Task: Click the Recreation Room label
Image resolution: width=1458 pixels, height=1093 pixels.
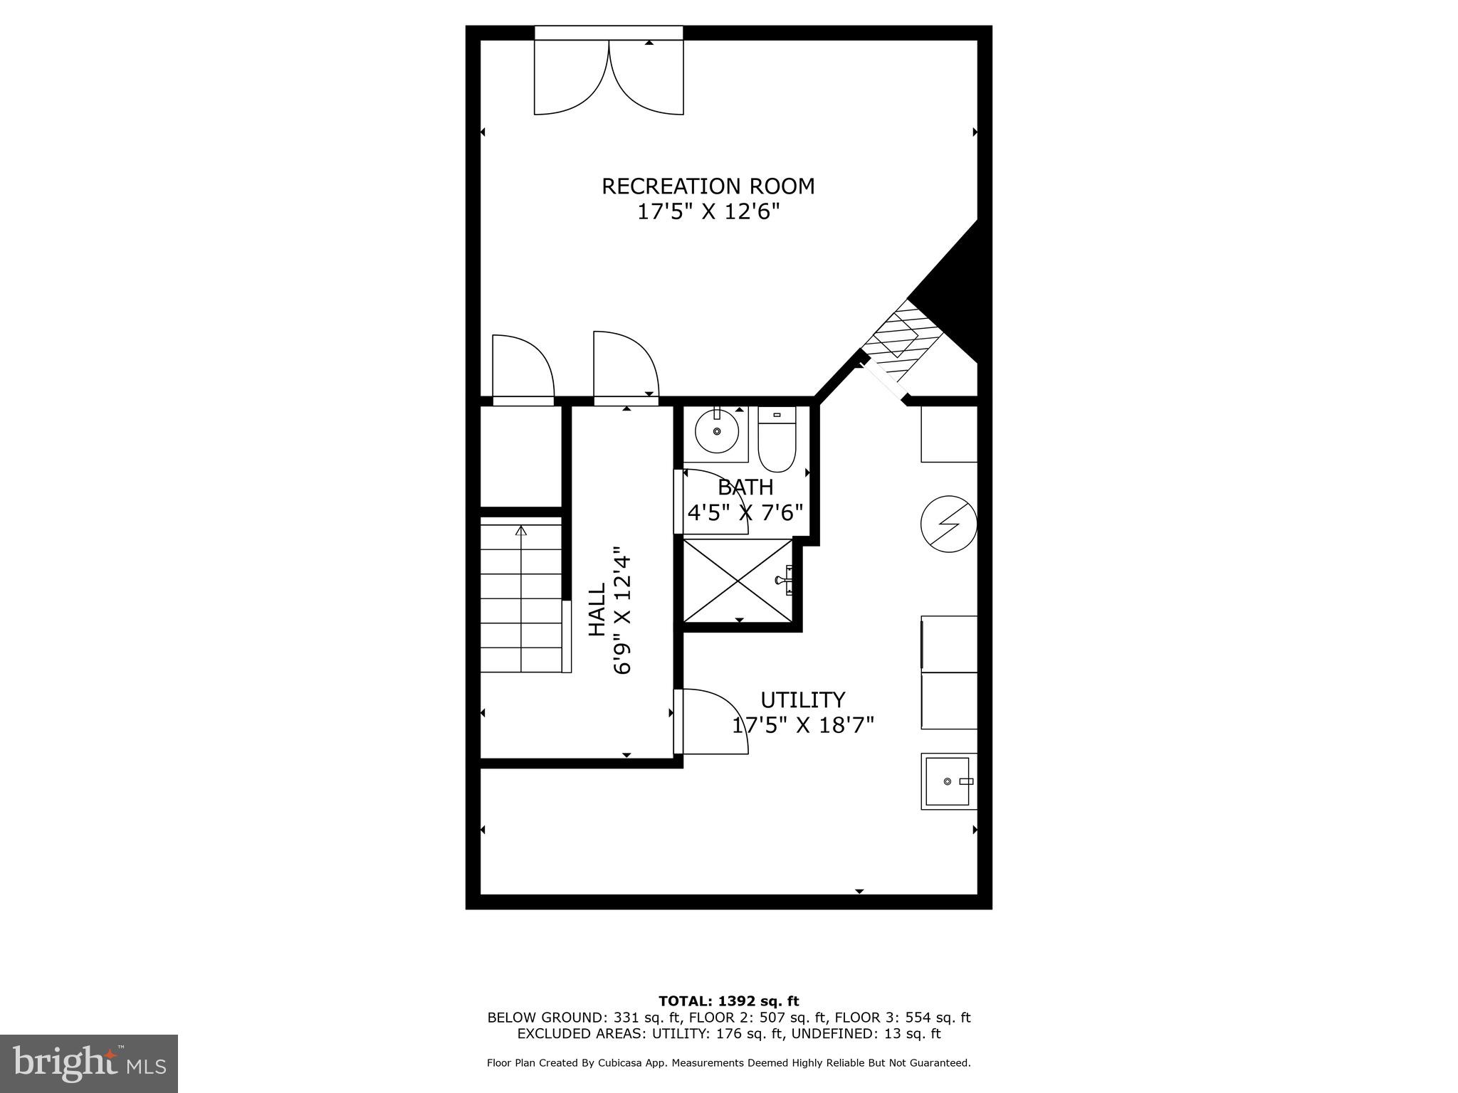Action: click(708, 186)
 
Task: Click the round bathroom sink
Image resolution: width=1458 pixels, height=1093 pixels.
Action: click(717, 432)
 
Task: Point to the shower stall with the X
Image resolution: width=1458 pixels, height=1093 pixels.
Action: click(738, 580)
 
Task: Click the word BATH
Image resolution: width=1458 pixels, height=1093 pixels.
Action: click(745, 487)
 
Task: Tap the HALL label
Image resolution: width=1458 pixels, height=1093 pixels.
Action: click(597, 609)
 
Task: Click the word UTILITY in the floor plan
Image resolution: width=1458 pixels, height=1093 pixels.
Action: click(802, 700)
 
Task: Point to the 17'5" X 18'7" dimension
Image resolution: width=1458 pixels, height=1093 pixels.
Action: click(802, 725)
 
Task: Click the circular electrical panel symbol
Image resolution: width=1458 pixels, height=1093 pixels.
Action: click(948, 525)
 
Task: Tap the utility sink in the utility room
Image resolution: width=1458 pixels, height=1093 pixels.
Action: click(948, 781)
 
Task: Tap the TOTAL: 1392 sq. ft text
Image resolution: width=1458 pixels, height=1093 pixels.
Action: click(728, 1002)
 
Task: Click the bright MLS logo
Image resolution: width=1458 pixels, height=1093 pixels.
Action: click(89, 1064)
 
